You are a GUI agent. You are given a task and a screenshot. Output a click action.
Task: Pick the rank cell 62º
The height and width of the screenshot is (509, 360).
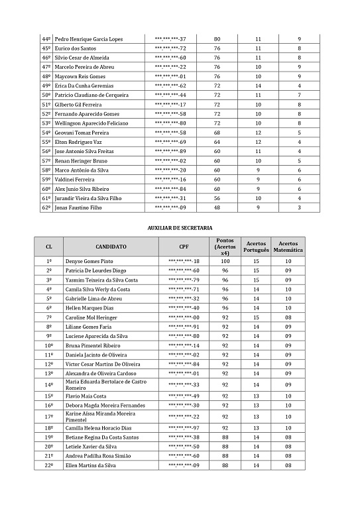46,207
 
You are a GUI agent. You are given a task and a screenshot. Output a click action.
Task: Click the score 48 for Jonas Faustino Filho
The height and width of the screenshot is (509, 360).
217,207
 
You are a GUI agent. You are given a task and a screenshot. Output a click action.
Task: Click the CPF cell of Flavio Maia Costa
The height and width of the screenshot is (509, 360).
184,396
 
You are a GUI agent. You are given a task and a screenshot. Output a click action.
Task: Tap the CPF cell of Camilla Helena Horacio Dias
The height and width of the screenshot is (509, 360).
184,428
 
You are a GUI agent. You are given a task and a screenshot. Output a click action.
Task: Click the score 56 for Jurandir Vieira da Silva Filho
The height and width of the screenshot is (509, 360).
217,198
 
